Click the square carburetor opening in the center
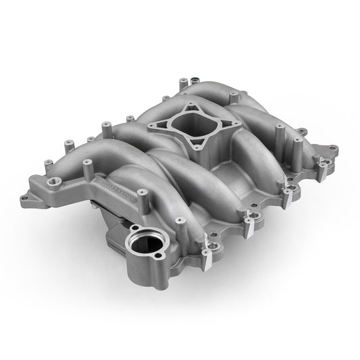click(x=190, y=124)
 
